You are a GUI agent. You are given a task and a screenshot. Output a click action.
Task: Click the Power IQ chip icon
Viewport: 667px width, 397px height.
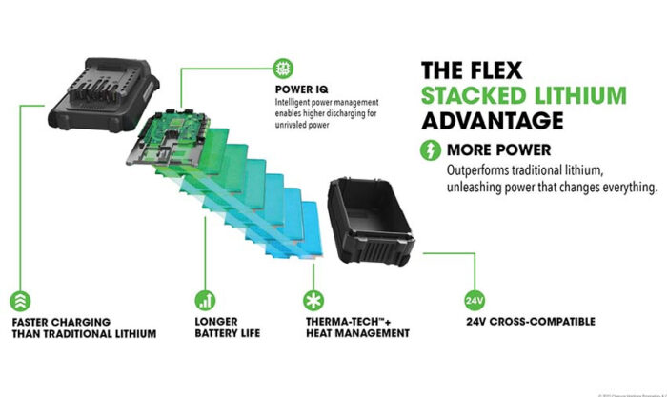tap(283, 68)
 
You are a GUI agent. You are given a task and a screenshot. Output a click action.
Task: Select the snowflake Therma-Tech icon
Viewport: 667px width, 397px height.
tap(309, 299)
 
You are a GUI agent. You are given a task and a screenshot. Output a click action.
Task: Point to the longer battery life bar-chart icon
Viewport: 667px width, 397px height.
tap(204, 299)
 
